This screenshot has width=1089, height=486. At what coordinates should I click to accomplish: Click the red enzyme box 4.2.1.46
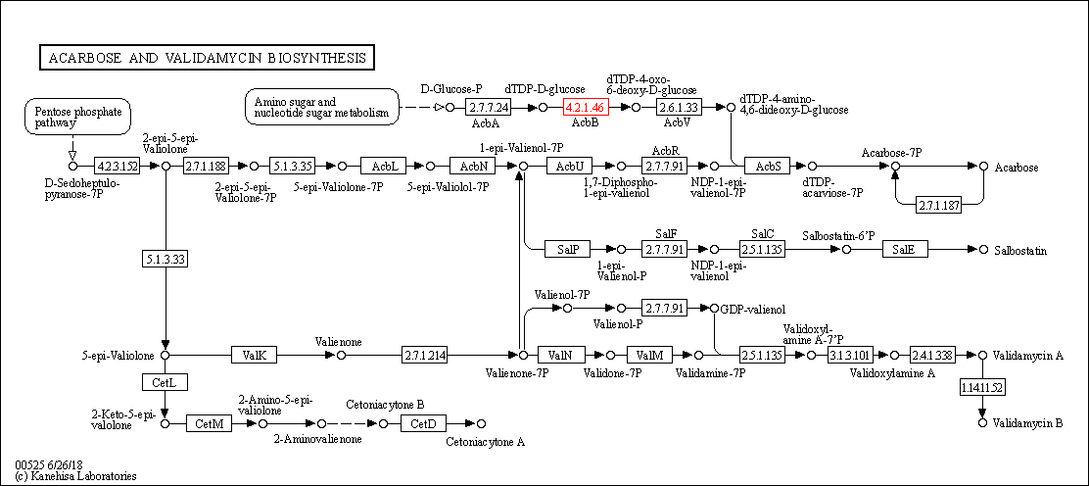586,107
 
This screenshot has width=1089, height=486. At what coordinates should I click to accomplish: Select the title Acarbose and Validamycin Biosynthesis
207,58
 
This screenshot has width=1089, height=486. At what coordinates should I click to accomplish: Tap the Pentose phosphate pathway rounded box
75,118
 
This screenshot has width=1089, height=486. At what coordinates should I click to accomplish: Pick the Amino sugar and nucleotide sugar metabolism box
322,107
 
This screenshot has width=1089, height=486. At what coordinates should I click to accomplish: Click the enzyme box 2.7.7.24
488,107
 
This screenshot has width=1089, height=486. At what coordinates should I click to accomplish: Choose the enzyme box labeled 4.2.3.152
118,167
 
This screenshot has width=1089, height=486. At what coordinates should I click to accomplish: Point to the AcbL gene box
385,167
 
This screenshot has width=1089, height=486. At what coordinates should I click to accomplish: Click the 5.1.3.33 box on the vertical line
165,259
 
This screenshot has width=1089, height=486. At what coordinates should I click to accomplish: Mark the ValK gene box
256,355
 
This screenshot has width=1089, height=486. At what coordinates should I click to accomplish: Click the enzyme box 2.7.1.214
424,355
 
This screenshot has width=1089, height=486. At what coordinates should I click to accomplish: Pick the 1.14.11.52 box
983,388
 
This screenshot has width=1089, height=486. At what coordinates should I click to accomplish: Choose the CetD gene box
423,423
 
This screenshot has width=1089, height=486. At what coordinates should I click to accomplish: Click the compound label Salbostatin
1020,252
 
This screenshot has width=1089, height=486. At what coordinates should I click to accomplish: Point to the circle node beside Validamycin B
983,423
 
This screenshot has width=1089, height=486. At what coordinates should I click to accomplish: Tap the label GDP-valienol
755,310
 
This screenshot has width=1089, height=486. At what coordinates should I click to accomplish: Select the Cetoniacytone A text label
485,442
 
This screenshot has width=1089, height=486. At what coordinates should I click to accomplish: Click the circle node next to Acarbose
983,167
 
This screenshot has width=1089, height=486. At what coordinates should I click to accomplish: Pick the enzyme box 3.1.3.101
850,355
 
